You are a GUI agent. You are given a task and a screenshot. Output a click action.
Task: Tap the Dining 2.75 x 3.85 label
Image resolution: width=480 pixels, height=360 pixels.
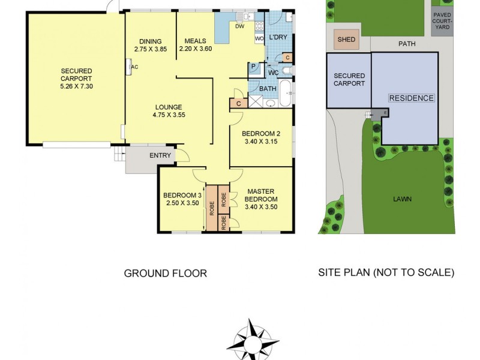point(150,46)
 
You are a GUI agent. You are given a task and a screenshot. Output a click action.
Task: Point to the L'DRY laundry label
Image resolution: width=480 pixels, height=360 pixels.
point(278,38)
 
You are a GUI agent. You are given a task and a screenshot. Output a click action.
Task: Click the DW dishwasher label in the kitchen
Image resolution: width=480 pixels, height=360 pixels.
point(239,26)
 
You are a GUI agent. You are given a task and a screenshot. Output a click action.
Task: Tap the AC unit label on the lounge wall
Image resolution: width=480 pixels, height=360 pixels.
point(134,67)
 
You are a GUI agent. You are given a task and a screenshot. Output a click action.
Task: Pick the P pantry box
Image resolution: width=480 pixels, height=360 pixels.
point(253,67)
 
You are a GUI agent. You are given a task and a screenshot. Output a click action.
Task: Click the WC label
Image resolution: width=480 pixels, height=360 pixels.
point(273,73)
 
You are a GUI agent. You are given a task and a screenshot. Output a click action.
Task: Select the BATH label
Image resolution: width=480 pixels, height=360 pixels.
point(268,89)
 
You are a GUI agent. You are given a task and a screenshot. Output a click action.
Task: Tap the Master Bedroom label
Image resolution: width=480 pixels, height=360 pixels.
point(261,199)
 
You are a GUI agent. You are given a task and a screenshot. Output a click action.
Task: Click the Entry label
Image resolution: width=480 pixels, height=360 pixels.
point(161,156)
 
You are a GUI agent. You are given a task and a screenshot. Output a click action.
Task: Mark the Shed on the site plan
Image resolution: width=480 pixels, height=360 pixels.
point(346,40)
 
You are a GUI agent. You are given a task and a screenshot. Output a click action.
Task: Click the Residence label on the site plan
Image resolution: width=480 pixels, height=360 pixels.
point(411,98)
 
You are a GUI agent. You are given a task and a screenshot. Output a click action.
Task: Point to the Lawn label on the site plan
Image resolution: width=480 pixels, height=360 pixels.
point(403,199)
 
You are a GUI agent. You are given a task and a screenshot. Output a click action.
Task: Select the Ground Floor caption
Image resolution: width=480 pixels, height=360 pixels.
point(165,274)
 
